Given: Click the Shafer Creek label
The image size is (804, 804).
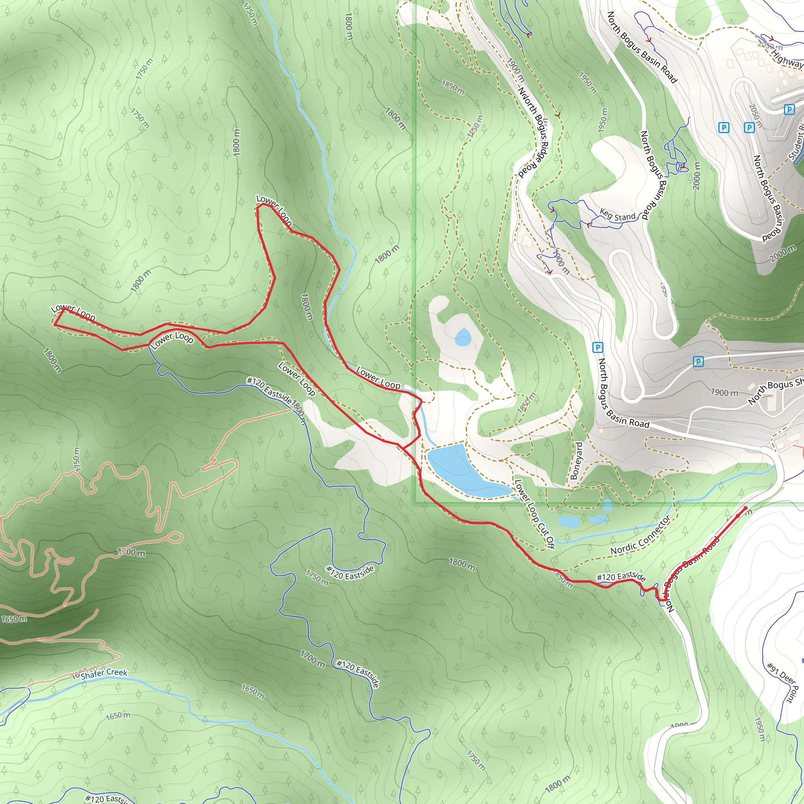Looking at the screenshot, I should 104,673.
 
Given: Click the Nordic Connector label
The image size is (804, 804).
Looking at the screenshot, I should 640,535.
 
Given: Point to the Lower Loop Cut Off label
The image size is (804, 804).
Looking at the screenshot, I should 535,514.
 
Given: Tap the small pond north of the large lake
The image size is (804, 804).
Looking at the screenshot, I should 463,337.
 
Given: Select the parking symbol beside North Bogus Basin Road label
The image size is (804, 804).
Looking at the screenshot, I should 598,347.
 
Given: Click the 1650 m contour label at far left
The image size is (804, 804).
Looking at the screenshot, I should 14,619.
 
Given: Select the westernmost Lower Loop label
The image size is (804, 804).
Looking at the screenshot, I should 73,312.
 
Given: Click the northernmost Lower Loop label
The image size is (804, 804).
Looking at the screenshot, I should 274,210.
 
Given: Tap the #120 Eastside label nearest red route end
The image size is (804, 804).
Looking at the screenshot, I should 621,577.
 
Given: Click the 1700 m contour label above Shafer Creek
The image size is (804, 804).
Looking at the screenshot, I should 132,553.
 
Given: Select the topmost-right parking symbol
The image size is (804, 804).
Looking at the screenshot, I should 789,110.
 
